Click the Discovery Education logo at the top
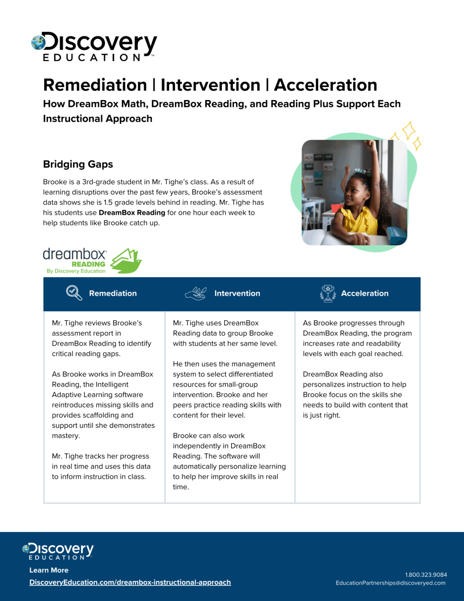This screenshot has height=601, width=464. tap(94, 46)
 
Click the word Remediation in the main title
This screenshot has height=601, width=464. tap(95, 85)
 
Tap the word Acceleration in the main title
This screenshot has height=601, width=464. tap(326, 85)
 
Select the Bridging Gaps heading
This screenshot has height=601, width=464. tap(78, 164)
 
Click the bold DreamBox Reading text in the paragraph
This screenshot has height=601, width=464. tap(132, 212)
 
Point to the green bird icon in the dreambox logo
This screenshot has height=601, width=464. tap(126, 261)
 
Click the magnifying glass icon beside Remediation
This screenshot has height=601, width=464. tap(74, 293)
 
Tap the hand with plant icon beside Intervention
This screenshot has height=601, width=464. tap(196, 293)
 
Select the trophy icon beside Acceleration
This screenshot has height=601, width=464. tap(328, 293)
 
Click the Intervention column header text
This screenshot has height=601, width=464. tap(237, 293)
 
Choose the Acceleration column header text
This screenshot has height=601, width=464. tap(365, 293)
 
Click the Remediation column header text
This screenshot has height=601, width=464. tap(113, 293)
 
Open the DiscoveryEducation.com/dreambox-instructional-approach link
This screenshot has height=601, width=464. tap(130, 582)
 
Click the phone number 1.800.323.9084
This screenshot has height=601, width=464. tap(426, 575)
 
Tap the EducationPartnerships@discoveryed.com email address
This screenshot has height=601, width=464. tap(390, 583)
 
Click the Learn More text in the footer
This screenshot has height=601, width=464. tap(49, 570)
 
